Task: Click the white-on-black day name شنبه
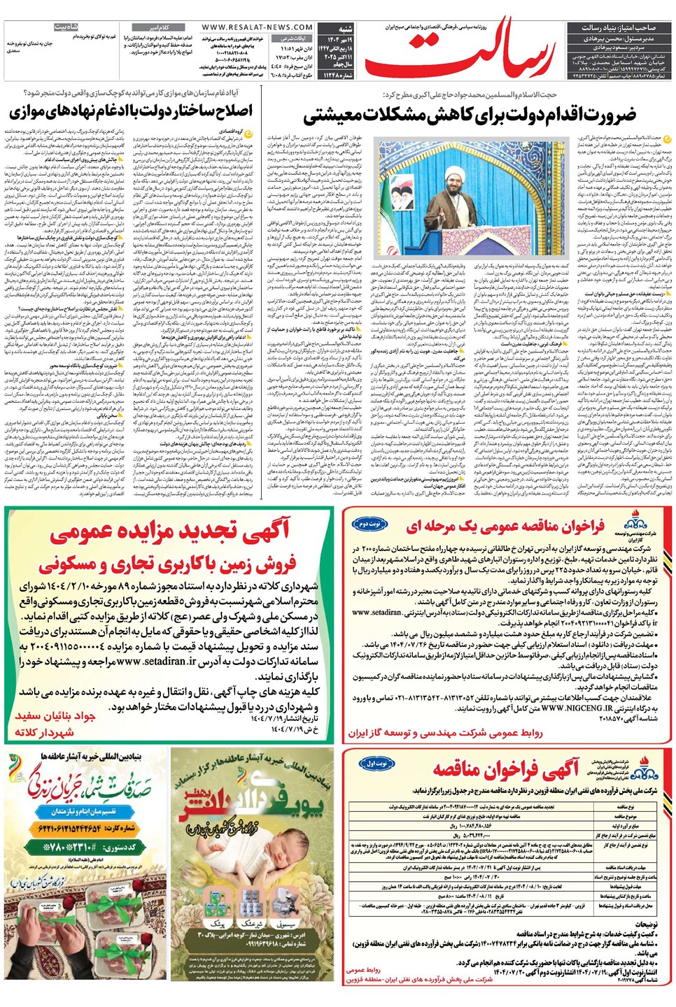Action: click(x=345, y=29)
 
